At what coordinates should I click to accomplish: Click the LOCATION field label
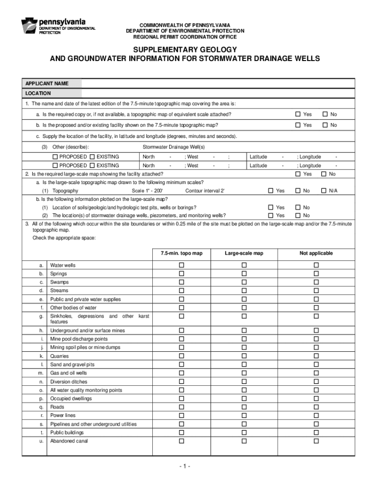point(38,93)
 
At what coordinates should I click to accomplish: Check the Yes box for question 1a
point(298,114)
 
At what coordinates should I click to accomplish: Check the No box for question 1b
point(325,125)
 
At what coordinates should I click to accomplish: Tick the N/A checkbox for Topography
point(325,191)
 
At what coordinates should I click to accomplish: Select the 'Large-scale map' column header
point(244,253)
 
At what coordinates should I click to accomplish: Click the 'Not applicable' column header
point(316,253)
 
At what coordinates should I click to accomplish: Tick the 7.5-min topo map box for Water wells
point(182,265)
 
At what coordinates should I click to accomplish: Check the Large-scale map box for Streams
point(244,291)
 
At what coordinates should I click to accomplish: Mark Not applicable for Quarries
point(316,357)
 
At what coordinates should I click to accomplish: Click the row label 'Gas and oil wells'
point(69,373)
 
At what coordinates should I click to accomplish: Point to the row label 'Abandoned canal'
point(69,441)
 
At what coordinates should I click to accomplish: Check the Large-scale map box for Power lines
point(244,415)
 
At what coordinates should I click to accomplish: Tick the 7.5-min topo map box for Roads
point(182,407)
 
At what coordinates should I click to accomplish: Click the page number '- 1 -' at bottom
point(185,467)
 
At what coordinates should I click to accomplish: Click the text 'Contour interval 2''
point(205,191)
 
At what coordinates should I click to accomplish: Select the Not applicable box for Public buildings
point(316,432)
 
